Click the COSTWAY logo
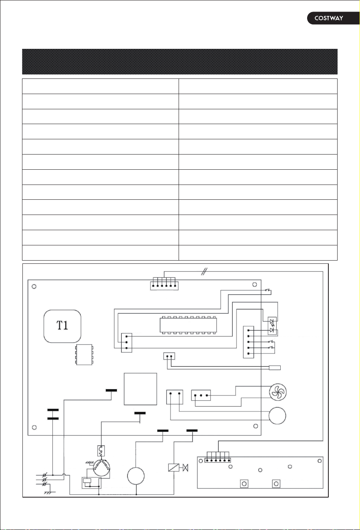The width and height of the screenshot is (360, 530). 329,18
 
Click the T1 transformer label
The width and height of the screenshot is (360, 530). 62,325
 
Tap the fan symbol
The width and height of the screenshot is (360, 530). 278,392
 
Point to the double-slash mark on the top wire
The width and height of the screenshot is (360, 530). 204,271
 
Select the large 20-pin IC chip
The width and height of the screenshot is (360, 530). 188,325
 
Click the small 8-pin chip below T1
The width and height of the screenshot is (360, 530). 84,355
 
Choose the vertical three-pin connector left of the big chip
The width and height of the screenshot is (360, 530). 127,343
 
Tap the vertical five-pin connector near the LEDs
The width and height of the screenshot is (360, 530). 249,342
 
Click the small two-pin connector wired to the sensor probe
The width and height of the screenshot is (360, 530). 169,356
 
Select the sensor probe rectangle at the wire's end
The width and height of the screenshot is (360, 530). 275,368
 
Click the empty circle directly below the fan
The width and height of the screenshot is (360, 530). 277,416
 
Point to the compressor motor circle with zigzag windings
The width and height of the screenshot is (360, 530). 102,468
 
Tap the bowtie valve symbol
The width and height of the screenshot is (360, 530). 185,468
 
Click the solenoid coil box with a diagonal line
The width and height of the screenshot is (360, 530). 174,467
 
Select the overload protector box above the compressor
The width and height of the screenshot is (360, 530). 101,451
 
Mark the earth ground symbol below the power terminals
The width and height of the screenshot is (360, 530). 50,493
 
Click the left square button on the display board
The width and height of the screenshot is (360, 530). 244,484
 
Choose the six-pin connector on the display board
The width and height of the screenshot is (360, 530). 217,459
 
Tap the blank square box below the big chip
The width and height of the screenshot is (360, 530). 140,389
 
